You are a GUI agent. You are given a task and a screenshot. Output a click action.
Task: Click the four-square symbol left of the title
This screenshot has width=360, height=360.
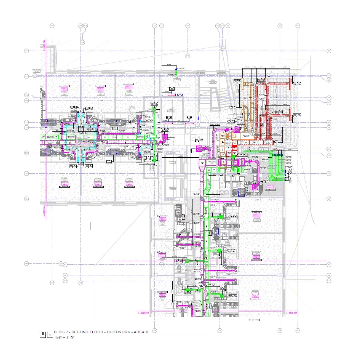42,334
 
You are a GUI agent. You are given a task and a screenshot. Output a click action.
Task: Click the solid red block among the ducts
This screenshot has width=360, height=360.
234,146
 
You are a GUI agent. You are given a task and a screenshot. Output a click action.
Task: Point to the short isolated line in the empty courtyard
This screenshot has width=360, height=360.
90,226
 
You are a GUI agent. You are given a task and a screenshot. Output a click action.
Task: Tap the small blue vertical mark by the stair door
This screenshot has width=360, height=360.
197,117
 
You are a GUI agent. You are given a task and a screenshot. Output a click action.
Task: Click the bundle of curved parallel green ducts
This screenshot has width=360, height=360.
277,165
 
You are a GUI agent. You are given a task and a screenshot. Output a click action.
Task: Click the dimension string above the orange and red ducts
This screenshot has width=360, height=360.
267,67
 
